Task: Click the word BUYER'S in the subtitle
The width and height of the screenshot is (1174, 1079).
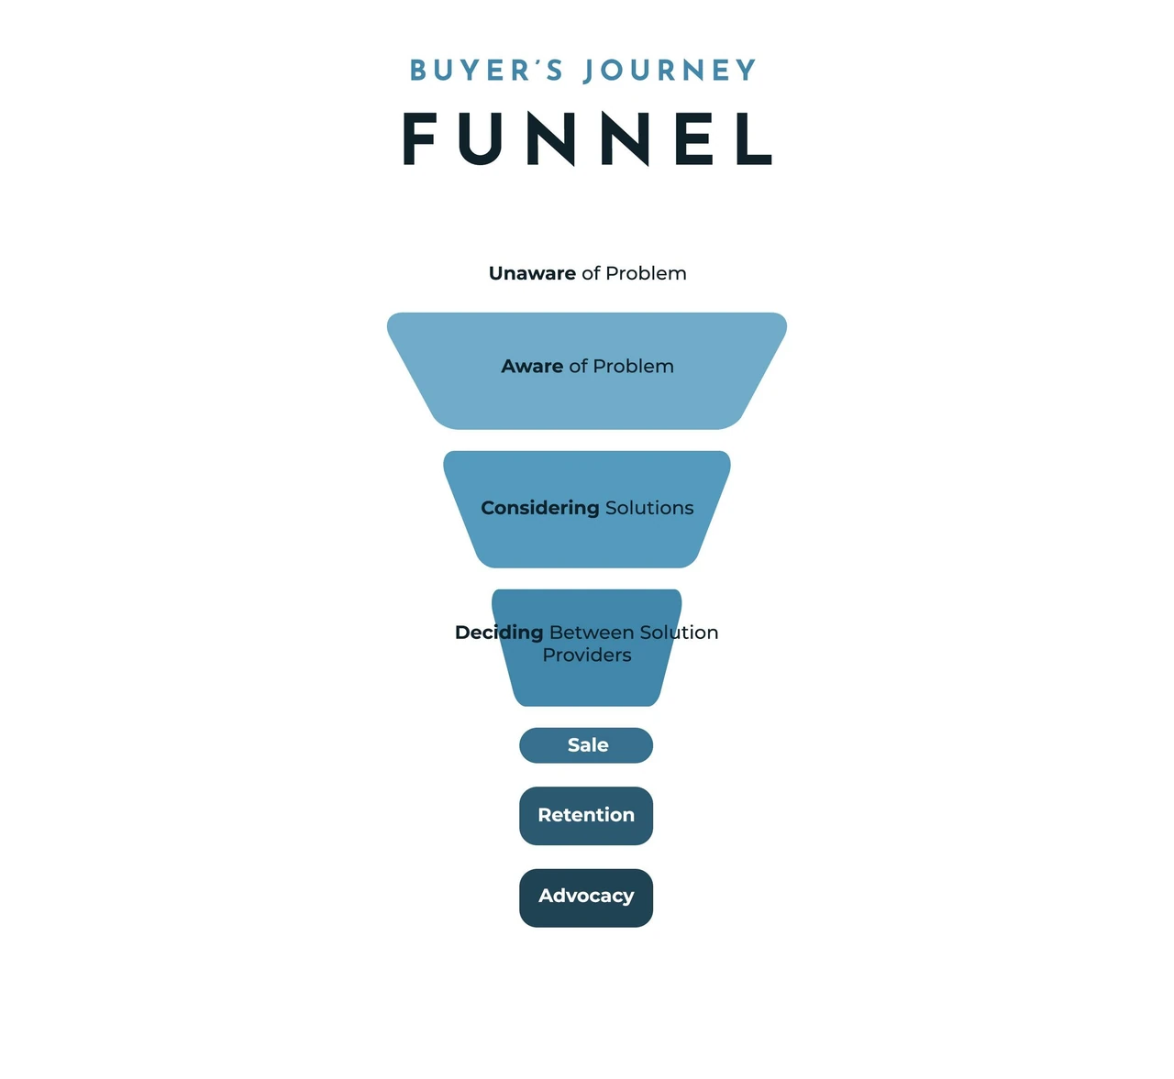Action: point(486,71)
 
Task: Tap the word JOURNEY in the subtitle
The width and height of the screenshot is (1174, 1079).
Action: point(670,71)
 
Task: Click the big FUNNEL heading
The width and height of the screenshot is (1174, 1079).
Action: point(588,139)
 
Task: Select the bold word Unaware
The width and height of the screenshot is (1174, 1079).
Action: point(532,273)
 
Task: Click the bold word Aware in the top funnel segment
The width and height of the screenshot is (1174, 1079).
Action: point(532,367)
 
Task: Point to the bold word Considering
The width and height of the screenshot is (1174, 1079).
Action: point(539,509)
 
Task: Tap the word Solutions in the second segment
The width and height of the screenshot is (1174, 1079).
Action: point(649,508)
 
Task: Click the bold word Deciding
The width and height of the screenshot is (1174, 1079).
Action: point(499,633)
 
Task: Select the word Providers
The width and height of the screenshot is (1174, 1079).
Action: point(587,655)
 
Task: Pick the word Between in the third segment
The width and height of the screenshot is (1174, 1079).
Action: point(592,633)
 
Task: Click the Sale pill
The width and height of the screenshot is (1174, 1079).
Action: point(586,745)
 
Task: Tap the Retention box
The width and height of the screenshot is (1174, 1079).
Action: point(586,816)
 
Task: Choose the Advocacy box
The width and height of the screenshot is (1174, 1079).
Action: point(586,897)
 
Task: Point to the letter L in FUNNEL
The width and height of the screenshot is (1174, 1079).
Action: point(754,139)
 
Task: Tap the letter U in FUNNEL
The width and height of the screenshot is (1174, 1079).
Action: point(480,139)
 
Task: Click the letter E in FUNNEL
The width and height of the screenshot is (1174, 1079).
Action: point(694,139)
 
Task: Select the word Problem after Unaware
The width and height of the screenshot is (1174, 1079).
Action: point(646,273)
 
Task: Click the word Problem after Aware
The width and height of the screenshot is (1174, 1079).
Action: point(633,367)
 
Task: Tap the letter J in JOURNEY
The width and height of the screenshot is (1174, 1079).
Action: point(590,72)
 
